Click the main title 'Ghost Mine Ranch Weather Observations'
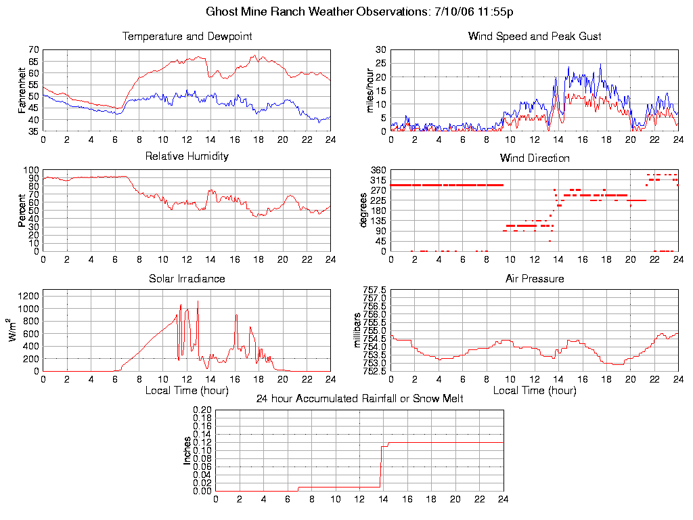317,12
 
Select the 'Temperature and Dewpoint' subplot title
187,37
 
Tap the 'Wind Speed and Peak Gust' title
535,37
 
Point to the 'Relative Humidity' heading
187,156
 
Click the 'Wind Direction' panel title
535,158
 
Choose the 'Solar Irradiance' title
187,278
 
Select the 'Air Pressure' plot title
535,278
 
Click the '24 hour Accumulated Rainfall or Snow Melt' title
359,398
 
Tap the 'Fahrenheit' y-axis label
22,90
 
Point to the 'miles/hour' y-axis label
370,90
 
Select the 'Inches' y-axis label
187,450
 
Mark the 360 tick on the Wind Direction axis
378,170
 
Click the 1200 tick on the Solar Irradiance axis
28,296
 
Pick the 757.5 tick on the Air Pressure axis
374,290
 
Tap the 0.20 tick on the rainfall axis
202,410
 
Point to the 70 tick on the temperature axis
33,50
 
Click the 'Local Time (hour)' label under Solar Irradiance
187,391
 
